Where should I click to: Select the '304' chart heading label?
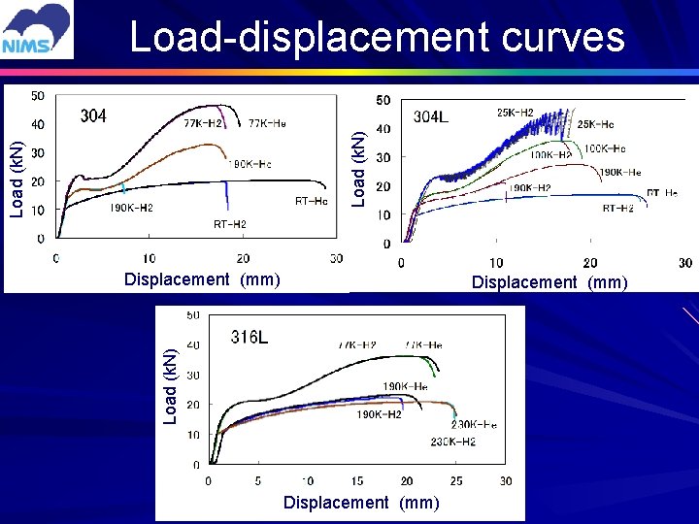coord(93,116)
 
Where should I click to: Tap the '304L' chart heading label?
coord(430,117)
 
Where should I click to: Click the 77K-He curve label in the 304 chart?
coord(267,123)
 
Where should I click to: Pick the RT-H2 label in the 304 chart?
coord(230,224)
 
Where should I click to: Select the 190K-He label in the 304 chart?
coord(250,164)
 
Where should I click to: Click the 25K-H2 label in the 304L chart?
coord(515,113)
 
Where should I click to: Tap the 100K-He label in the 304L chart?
coord(604,148)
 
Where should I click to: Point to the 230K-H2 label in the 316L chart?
coord(452,442)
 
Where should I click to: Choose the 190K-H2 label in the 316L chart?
coord(379,414)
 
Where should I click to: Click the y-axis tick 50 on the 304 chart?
coord(37,95)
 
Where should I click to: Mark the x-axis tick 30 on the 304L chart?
coord(685,263)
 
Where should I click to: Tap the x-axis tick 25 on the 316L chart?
coord(456,480)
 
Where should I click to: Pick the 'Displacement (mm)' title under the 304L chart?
coord(549,282)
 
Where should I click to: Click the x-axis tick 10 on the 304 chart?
coord(149,258)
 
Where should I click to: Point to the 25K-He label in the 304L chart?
coord(595,124)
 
